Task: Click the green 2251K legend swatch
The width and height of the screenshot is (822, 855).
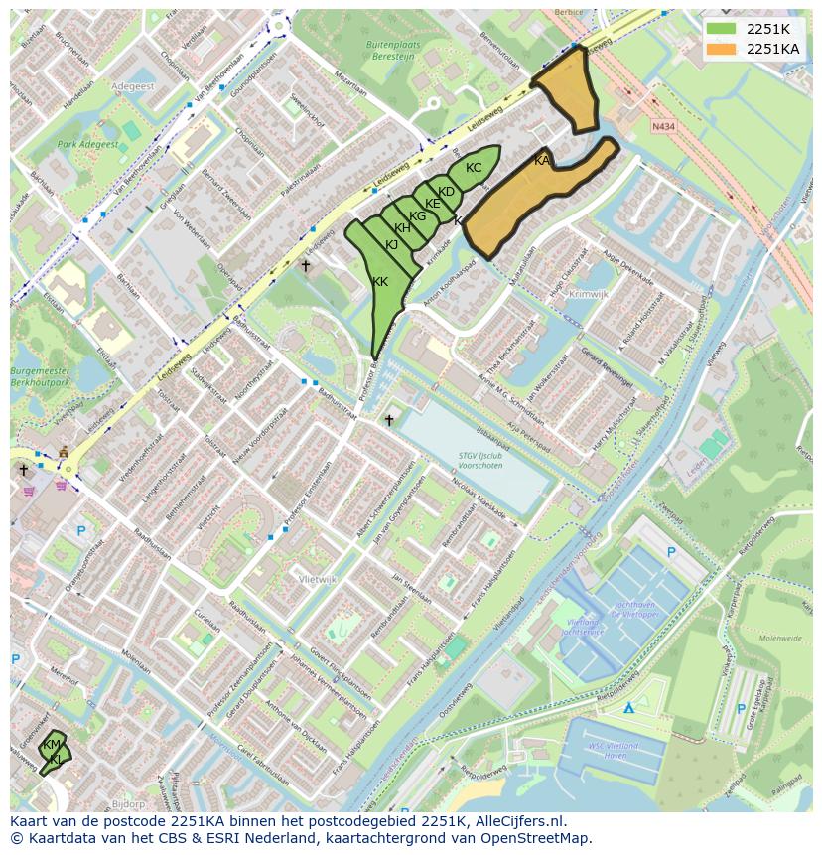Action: click(x=722, y=29)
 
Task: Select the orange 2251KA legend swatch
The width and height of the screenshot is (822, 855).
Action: click(x=722, y=49)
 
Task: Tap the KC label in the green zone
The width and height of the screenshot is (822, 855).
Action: click(x=474, y=168)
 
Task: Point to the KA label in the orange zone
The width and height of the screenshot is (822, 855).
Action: click(x=542, y=161)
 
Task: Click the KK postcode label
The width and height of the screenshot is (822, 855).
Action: click(x=380, y=282)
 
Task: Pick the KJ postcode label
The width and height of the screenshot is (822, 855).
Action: click(x=391, y=245)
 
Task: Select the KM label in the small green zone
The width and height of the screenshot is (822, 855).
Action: click(x=51, y=745)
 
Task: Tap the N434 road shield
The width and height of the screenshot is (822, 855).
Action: click(x=663, y=127)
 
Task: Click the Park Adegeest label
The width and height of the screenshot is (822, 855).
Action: click(x=87, y=145)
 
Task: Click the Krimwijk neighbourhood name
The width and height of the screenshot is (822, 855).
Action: click(x=588, y=294)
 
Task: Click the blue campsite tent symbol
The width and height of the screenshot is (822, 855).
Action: click(x=628, y=708)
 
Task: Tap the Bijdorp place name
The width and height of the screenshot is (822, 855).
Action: click(x=129, y=803)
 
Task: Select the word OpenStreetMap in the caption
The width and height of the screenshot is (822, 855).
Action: click(x=540, y=838)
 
